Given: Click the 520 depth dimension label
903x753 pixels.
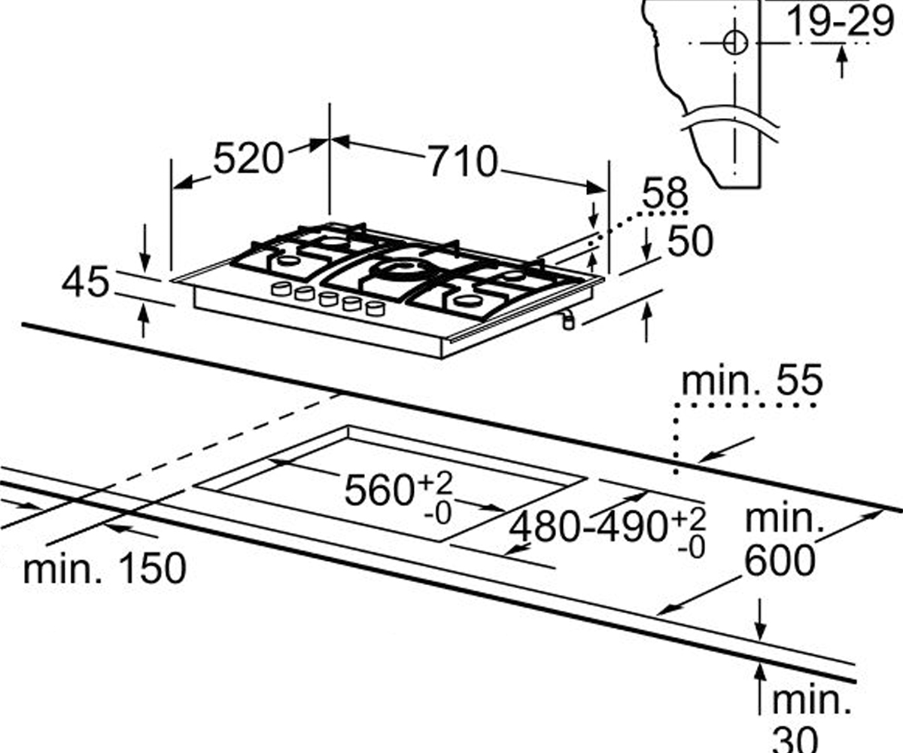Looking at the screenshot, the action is coord(248,159).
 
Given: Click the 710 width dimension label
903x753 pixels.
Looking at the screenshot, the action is coord(462,162).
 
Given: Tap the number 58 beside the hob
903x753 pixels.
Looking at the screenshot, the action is coord(664,193).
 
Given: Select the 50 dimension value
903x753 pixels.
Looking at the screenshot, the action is coord(690,241).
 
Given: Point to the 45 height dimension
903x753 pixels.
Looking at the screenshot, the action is coord(86,282).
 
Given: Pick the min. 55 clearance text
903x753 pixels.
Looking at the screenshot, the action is coord(752,380).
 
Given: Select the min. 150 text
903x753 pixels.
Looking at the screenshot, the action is coord(105,569).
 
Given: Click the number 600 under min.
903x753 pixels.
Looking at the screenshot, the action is coord(780,560).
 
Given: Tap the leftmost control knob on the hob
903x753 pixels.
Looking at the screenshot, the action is coord(281,288).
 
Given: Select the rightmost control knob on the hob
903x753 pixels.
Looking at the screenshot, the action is coord(375,308).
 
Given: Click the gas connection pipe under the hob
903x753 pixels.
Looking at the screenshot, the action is coord(568,320).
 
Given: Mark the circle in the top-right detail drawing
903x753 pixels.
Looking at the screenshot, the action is coord(735,43).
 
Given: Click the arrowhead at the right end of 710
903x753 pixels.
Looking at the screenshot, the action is coord(597,187).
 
